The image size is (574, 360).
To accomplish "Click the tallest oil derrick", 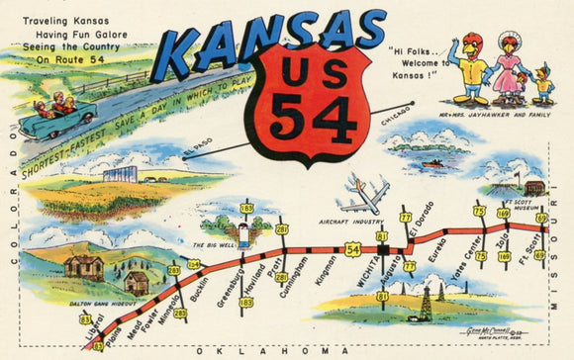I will (426, 303).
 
